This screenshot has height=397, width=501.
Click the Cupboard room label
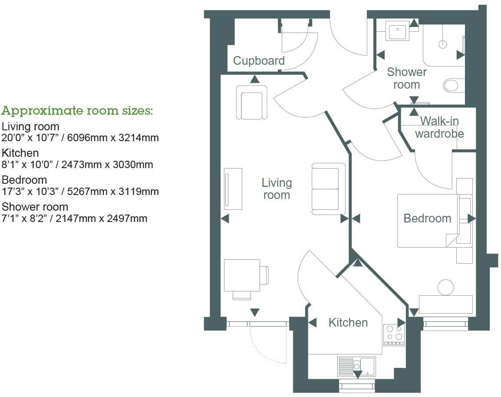click(x=259, y=61)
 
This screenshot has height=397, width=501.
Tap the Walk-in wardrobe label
click(x=439, y=127)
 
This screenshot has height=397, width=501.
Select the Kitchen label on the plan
click(x=348, y=323)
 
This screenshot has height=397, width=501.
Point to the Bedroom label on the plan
click(x=427, y=218)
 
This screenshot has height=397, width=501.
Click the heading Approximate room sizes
click(x=77, y=111)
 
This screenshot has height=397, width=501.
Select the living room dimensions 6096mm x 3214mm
click(x=80, y=138)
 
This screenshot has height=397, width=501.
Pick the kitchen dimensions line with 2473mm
click(x=77, y=165)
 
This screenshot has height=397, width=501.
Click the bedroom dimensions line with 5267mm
click(x=80, y=192)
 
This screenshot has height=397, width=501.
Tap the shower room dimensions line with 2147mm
click(x=74, y=218)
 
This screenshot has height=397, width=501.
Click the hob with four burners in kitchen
click(x=394, y=335)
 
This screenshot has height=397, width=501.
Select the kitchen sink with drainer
click(x=356, y=366)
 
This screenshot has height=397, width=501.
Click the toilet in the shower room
click(x=454, y=85)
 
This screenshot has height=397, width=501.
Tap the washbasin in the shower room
click(x=397, y=31)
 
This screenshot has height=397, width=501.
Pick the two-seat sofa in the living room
click(x=328, y=189)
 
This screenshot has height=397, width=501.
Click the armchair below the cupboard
click(x=252, y=102)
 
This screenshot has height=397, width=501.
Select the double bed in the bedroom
click(x=428, y=221)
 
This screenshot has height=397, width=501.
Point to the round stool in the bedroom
click(x=445, y=288)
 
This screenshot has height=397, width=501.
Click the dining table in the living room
click(x=242, y=275)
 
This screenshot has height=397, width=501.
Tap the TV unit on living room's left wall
click(x=233, y=189)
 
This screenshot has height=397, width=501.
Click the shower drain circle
click(x=443, y=44)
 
